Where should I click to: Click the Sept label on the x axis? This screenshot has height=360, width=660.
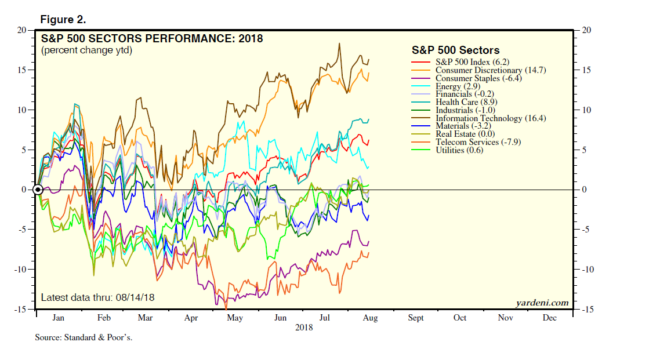click(416, 318)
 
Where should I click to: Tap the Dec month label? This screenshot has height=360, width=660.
click(549, 318)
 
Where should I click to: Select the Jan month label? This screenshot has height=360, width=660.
click(58, 318)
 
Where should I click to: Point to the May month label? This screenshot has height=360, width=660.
click(234, 318)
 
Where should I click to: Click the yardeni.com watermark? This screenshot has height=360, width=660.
click(542, 303)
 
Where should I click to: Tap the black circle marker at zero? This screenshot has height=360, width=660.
click(38, 190)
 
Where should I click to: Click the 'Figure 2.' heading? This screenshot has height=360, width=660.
click(63, 20)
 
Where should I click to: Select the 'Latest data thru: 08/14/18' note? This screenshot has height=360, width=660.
click(97, 298)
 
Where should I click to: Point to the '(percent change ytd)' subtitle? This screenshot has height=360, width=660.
click(86, 50)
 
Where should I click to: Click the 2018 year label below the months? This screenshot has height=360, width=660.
click(304, 328)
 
